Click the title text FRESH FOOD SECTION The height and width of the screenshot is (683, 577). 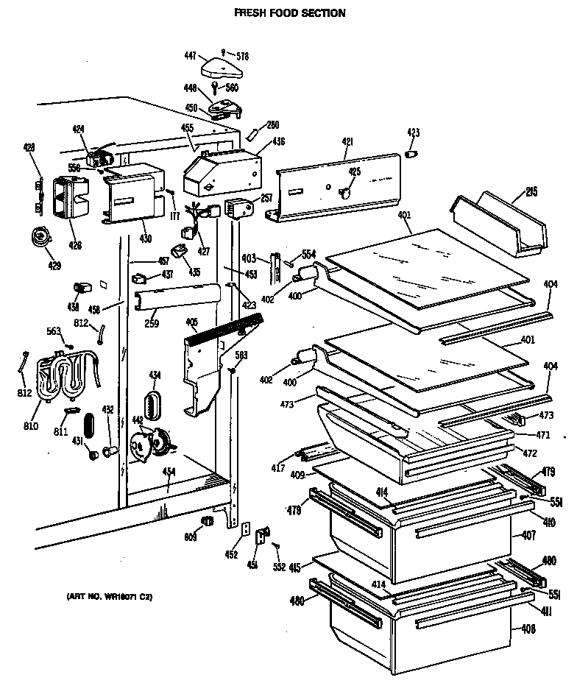coord(289,13)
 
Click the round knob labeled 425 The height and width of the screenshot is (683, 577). coord(344,192)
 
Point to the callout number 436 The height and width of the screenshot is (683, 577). coord(277,141)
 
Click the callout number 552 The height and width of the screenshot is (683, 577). coord(278,567)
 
